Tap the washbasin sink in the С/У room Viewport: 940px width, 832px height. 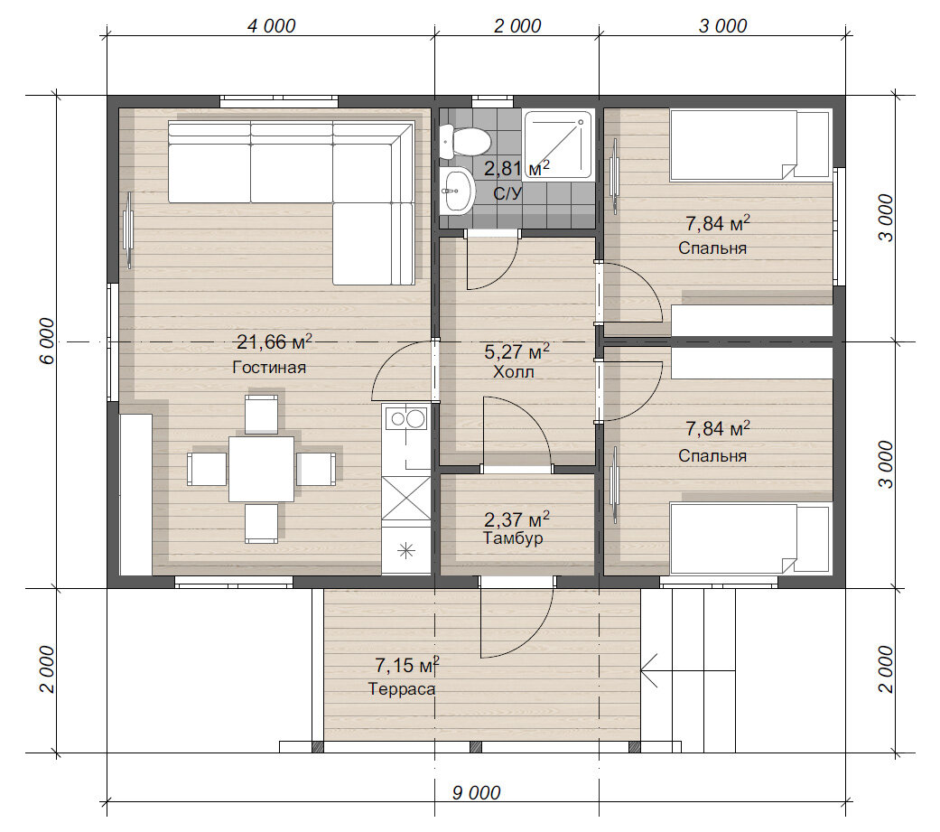click(x=457, y=190)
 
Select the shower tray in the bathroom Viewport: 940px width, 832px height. click(x=557, y=145)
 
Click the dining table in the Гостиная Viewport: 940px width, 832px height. click(x=261, y=469)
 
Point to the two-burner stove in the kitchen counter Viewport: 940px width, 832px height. click(x=405, y=418)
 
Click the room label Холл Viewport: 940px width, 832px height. click(x=514, y=372)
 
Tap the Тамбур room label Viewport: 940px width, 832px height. click(x=513, y=538)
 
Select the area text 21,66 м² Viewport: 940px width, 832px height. click(x=275, y=341)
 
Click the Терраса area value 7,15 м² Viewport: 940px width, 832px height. click(x=407, y=664)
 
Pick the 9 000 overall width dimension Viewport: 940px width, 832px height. click(x=476, y=792)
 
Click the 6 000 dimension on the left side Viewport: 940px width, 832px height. click(x=47, y=341)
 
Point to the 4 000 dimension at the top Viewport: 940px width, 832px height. click(x=271, y=26)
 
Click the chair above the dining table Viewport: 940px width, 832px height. click(x=261, y=414)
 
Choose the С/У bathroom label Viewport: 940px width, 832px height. click(x=507, y=193)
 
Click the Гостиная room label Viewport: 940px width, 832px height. click(x=269, y=367)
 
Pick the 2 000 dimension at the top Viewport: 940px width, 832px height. click(x=517, y=26)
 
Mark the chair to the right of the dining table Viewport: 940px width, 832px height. click(x=316, y=469)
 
